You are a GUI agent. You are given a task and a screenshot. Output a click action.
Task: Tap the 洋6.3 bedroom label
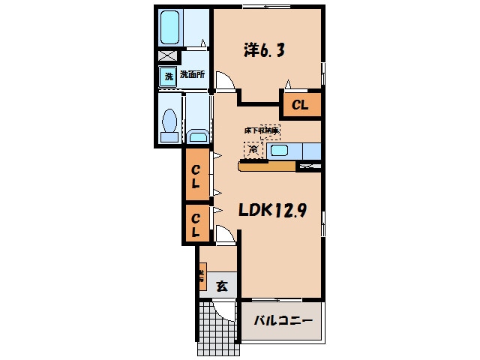[x=263, y=50]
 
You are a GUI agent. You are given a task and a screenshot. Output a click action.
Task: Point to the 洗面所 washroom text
[x=192, y=75]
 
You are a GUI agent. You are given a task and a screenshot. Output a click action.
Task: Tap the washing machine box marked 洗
[x=168, y=76]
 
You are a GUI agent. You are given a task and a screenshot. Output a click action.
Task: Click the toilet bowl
[x=169, y=122]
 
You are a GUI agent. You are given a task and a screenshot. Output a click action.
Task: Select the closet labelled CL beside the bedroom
[x=300, y=105]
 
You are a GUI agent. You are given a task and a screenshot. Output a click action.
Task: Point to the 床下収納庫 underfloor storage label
[x=261, y=130]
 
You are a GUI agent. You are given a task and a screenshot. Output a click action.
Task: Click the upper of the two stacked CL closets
[x=195, y=175]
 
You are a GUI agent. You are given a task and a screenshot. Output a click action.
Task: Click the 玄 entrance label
[x=222, y=285]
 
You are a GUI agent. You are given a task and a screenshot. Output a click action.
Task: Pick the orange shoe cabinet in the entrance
[x=202, y=278]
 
